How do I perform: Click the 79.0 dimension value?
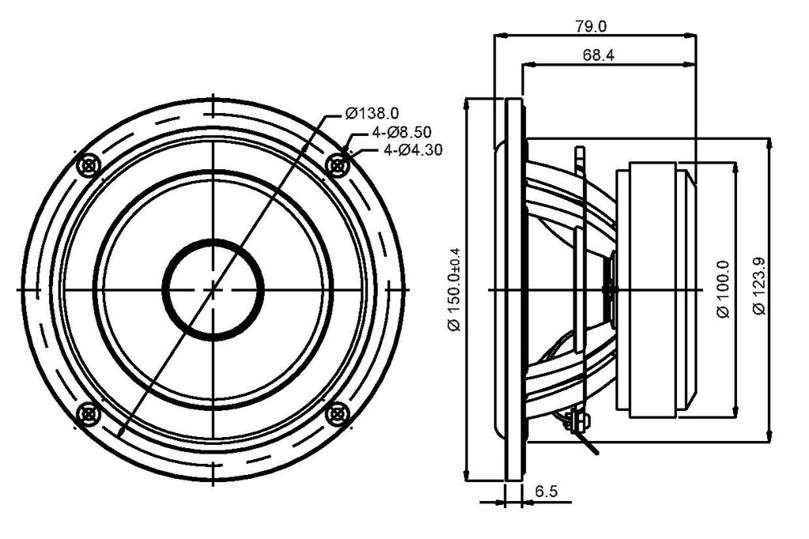pos(591,26)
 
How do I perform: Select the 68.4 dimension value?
pos(599,55)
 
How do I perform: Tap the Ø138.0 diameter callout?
pos(372,113)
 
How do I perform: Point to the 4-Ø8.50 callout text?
pos(401,132)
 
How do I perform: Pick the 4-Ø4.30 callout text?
pos(412,150)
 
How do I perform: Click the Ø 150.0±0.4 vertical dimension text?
pos(454,289)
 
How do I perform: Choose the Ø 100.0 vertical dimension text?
pos(724,289)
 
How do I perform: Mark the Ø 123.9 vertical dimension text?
pos(759,285)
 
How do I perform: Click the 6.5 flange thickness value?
pos(546,491)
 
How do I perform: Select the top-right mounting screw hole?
pos(338,165)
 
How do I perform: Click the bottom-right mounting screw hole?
pos(338,414)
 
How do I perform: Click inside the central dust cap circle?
pos(213,289)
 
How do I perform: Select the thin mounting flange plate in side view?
pos(513,289)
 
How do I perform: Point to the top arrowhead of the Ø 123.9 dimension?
pos(769,144)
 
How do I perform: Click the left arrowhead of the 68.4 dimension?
pos(528,65)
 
